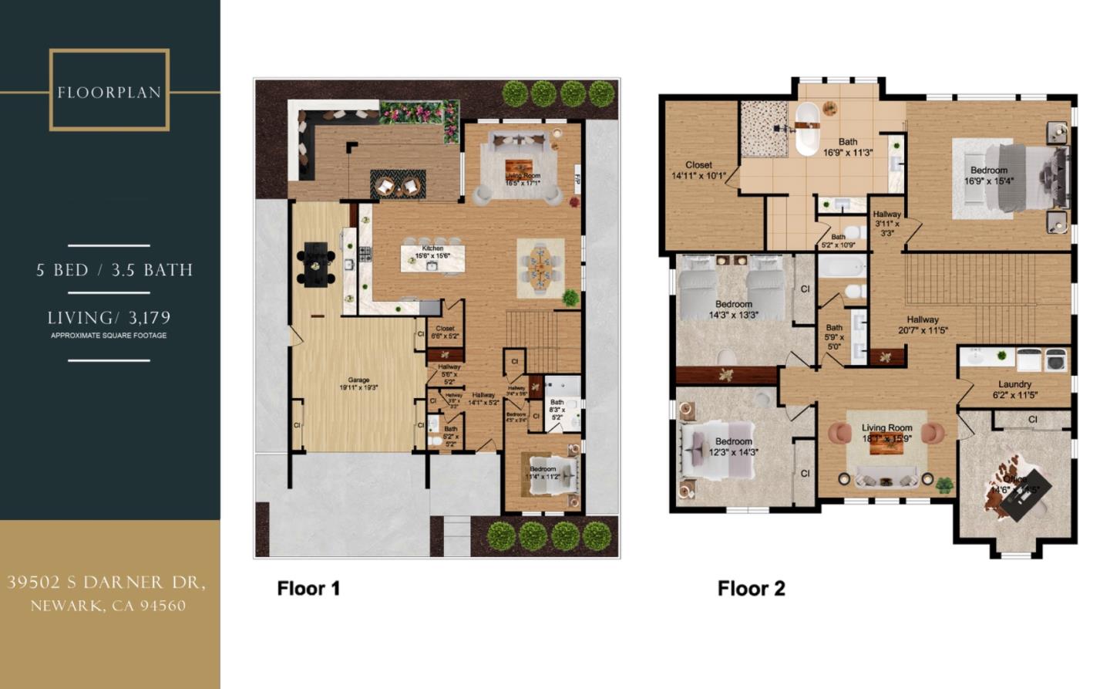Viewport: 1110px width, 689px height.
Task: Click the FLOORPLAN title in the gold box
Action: (109, 93)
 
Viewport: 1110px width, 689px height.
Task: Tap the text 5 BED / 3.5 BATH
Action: (114, 270)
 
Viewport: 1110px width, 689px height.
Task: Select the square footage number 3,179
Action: (150, 318)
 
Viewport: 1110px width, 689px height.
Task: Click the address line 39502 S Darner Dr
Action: (106, 583)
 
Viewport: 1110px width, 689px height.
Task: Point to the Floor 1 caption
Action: (308, 589)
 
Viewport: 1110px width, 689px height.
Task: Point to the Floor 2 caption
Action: (751, 589)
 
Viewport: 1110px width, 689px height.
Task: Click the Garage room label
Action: (358, 384)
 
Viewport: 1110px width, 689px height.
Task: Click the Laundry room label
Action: (1014, 390)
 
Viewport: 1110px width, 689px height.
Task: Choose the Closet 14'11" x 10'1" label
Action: (698, 171)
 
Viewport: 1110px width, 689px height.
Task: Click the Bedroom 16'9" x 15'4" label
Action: (989, 176)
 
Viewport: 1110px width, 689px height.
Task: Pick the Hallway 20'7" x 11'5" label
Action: (923, 325)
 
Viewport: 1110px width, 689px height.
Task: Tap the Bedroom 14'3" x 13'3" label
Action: (733, 309)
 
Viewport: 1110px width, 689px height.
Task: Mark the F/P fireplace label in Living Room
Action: (577, 179)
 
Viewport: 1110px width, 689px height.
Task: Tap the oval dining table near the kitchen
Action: (540, 267)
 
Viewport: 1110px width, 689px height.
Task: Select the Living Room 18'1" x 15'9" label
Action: (886, 433)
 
